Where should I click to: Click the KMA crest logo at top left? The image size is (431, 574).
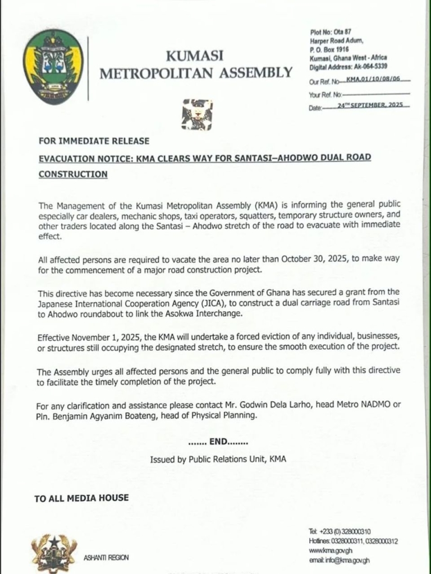pyautogui.click(x=53, y=66)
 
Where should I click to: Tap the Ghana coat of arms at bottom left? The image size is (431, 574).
pyautogui.click(x=53, y=552)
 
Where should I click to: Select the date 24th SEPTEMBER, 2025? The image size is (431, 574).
pyautogui.click(x=370, y=105)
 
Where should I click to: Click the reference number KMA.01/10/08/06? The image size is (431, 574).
pyautogui.click(x=373, y=80)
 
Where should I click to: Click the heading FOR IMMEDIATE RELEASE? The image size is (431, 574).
pyautogui.click(x=94, y=141)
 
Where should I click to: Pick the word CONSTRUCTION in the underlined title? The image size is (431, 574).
pyautogui.click(x=73, y=174)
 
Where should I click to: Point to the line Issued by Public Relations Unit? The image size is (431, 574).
pyautogui.click(x=218, y=459)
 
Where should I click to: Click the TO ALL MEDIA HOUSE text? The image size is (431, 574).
pyautogui.click(x=81, y=498)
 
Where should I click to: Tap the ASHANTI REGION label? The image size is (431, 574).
pyautogui.click(x=106, y=557)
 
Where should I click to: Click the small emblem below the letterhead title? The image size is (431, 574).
pyautogui.click(x=196, y=114)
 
